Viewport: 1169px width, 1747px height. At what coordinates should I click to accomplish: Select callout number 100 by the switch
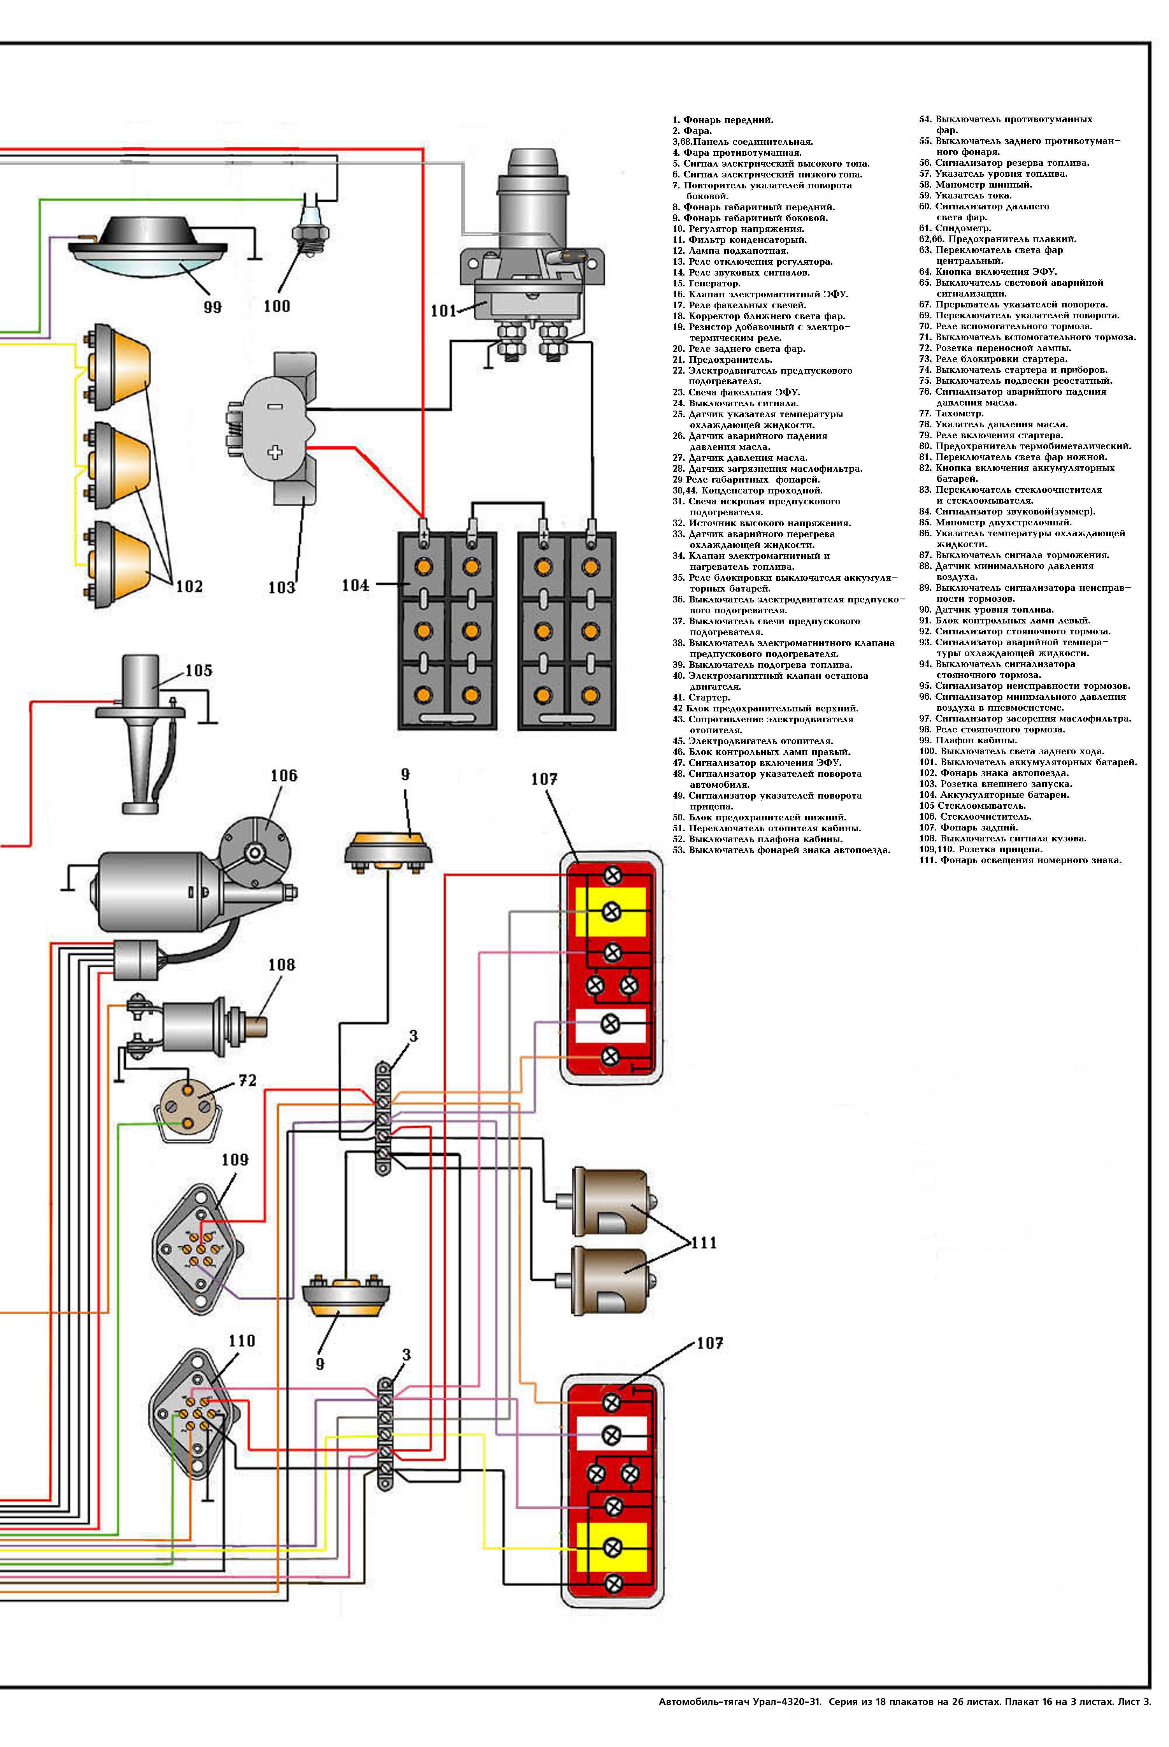coord(277,306)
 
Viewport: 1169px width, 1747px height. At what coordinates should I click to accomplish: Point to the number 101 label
coord(444,311)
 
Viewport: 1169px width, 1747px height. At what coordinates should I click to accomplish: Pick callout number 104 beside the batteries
coord(355,585)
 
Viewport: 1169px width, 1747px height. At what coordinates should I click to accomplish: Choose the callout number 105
coord(198,670)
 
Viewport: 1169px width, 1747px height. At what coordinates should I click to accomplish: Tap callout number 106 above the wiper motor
coord(283,776)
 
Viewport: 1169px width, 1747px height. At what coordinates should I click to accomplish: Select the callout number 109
coord(235,1159)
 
